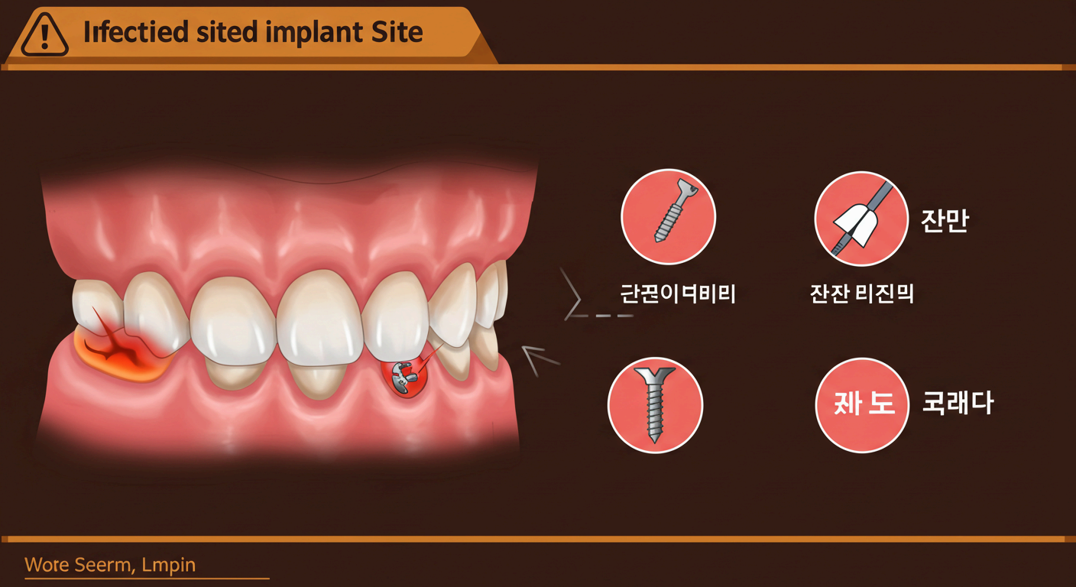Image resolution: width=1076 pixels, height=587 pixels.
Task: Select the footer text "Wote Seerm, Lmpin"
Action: coord(110,566)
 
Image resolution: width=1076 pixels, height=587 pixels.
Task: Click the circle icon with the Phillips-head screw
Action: coord(655,405)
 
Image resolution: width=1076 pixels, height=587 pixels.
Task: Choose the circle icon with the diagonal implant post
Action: coord(668,216)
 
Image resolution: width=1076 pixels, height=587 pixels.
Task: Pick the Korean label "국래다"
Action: coord(958,404)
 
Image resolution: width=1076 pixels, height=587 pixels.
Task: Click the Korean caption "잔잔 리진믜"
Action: coord(861,293)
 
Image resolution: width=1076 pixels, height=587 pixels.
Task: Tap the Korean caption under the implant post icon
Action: coord(678,293)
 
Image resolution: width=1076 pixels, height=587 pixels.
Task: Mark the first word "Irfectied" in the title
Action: coord(125,33)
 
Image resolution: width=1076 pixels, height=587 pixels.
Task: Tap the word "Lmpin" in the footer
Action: coord(169,566)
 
